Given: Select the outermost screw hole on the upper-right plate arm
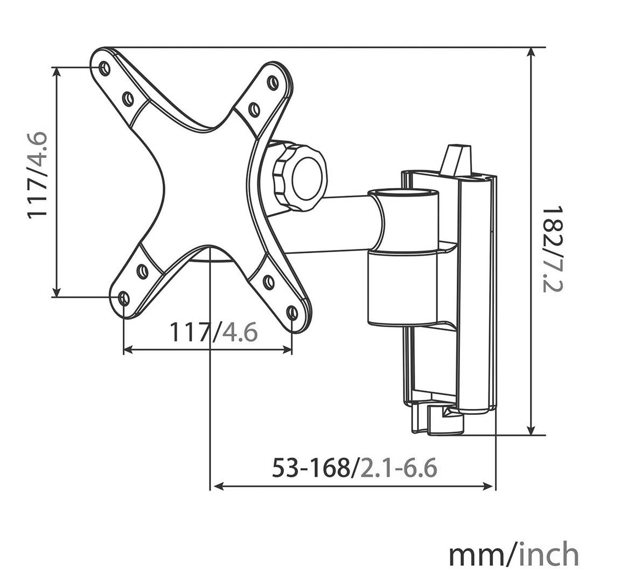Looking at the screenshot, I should (x=273, y=82).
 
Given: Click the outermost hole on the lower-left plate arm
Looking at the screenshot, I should (x=124, y=297).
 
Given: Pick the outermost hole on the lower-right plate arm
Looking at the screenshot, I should (x=292, y=313).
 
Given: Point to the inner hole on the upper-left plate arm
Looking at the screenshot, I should (x=128, y=98).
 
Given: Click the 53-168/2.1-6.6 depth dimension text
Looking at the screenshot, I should (x=354, y=468).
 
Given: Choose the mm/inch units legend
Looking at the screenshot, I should (x=513, y=554).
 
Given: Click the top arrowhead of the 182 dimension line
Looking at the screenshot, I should (x=532, y=52).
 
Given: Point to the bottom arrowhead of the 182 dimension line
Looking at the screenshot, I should (x=532, y=431).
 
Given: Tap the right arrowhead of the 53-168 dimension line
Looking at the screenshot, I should (x=490, y=487).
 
